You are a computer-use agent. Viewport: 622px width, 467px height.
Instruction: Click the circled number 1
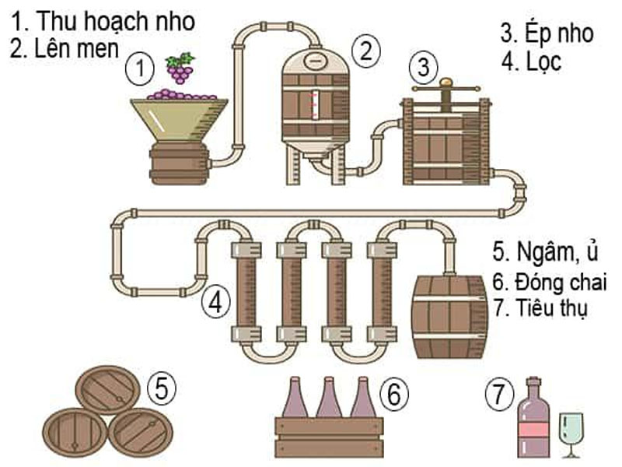click(141, 68)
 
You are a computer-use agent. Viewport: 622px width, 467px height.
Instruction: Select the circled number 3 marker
click(423, 67)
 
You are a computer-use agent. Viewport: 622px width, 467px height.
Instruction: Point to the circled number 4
click(217, 303)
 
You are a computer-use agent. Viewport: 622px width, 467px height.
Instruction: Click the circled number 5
click(162, 388)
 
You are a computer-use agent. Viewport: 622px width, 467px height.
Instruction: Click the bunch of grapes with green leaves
click(180, 68)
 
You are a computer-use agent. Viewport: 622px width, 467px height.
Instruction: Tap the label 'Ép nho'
click(557, 33)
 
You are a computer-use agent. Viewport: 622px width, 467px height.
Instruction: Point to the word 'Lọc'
click(543, 62)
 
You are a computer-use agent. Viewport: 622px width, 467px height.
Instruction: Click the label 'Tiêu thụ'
click(551, 307)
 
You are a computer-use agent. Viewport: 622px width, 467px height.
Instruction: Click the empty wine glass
click(571, 432)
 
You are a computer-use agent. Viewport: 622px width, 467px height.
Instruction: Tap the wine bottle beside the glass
click(533, 420)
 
